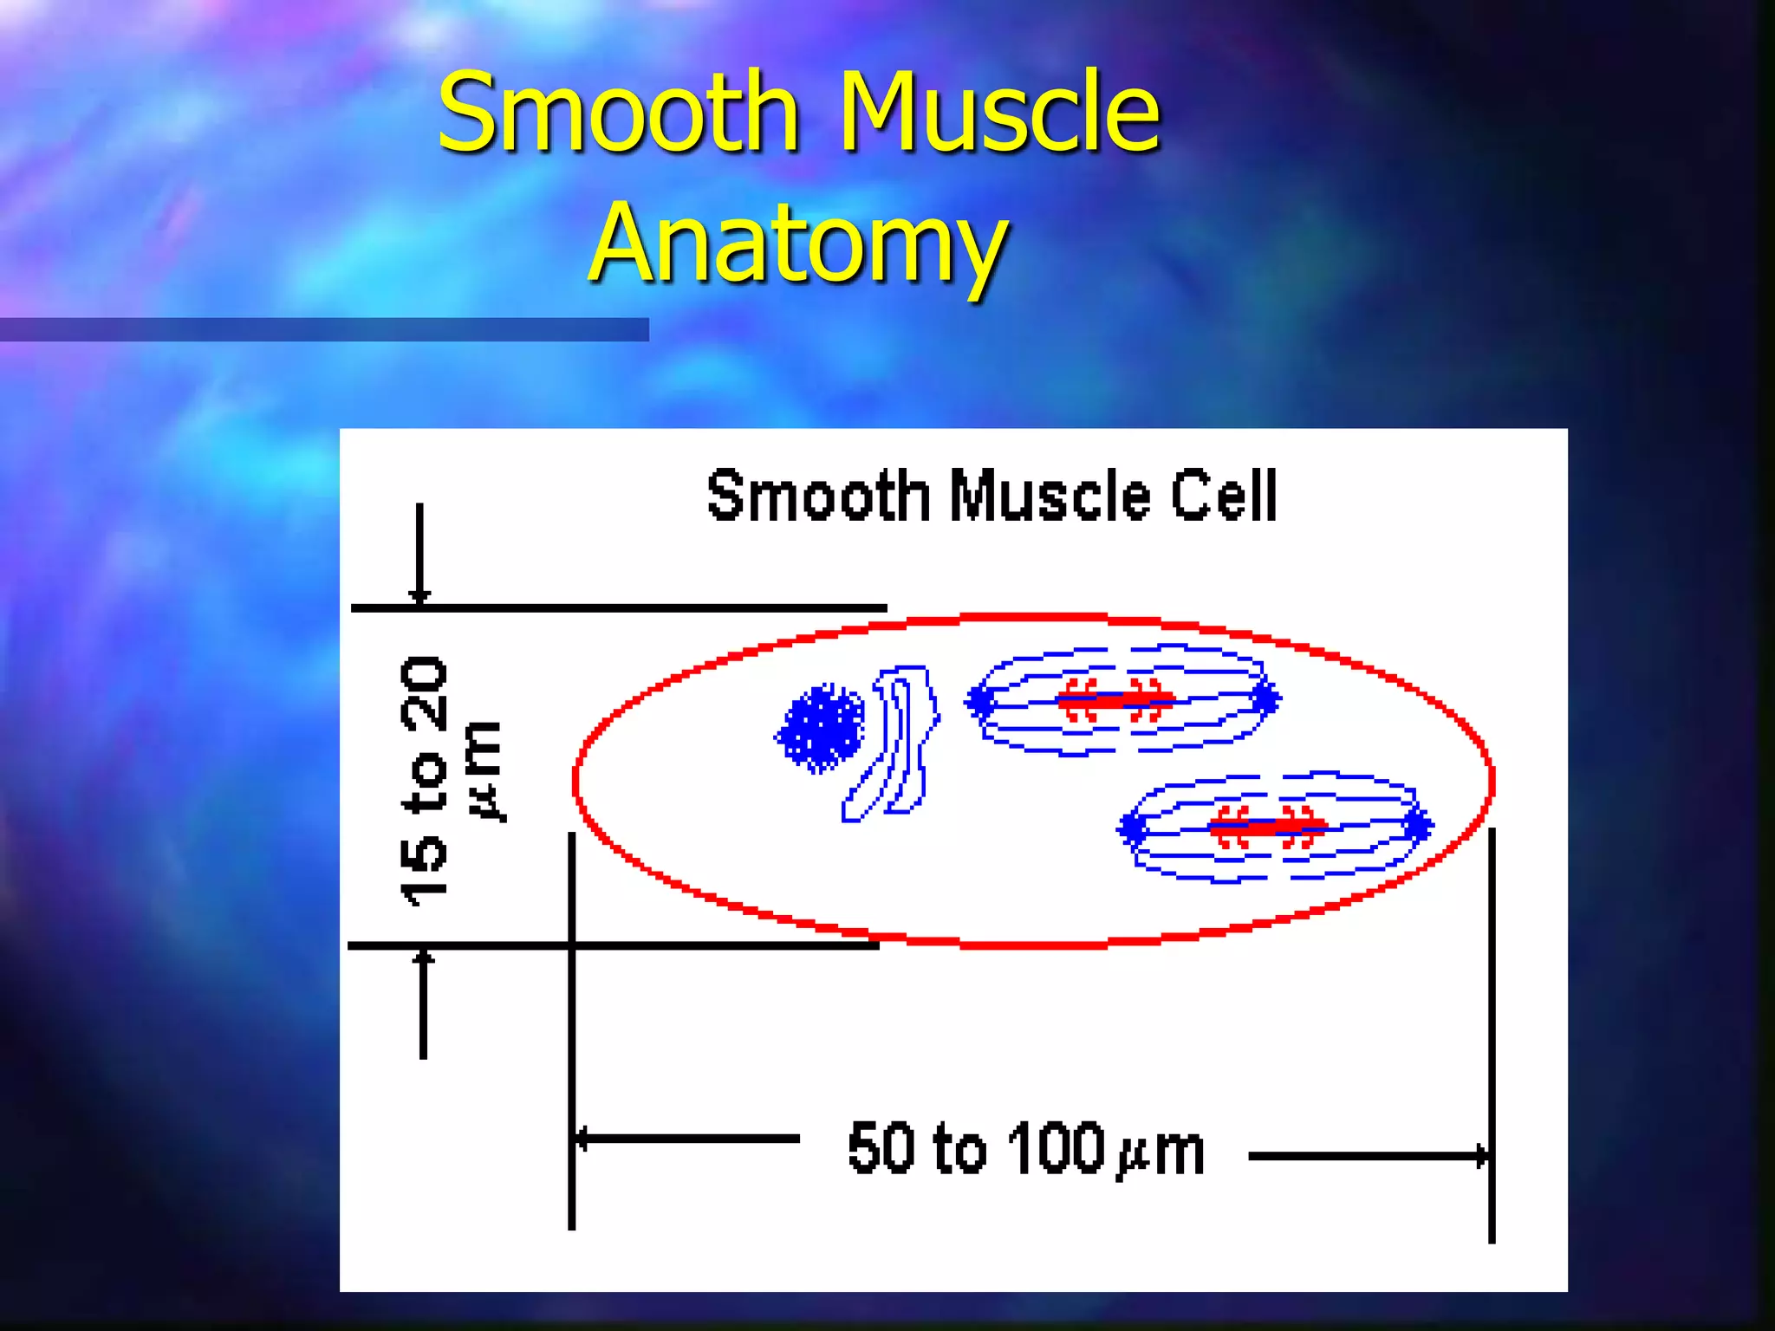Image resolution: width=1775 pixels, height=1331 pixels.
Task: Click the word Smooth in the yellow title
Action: coord(617,113)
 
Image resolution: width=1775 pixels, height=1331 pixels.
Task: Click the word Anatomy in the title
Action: coord(797,243)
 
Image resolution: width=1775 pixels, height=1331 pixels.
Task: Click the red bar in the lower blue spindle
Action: coord(1267,827)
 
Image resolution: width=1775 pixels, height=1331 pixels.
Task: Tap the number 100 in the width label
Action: coord(1056,1149)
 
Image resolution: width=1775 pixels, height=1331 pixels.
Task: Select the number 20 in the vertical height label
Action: coord(425,693)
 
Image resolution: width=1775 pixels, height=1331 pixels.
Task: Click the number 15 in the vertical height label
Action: coord(425,871)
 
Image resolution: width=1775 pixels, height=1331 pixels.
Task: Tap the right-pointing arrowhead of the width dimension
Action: coord(1482,1155)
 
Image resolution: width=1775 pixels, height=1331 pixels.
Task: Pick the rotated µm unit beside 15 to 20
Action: coord(484,771)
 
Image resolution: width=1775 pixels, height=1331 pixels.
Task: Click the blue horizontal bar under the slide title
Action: coord(324,329)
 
